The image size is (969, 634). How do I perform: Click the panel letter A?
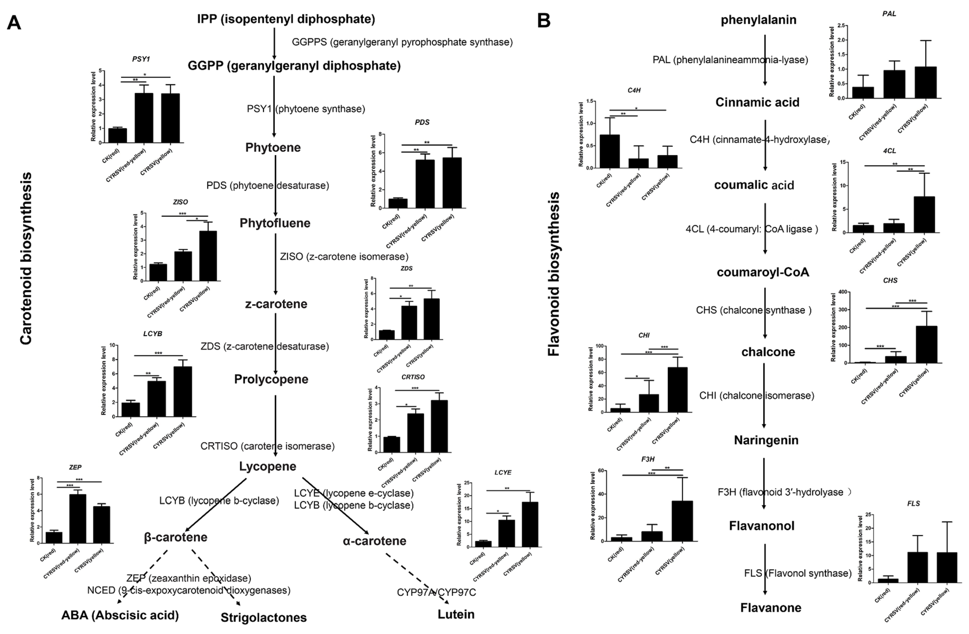pyautogui.click(x=14, y=23)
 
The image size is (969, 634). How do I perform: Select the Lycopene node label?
pyautogui.click(x=267, y=466)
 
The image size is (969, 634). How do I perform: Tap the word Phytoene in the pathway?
pyautogui.click(x=273, y=147)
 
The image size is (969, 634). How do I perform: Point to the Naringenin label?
pyautogui.click(x=766, y=440)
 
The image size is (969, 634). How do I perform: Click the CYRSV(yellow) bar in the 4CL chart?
pyautogui.click(x=924, y=215)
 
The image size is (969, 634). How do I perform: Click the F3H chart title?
pyautogui.click(x=648, y=459)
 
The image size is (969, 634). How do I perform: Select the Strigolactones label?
pyautogui.click(x=264, y=617)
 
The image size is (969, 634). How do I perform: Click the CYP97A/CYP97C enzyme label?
pyautogui.click(x=436, y=592)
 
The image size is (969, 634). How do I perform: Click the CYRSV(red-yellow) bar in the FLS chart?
pyautogui.click(x=917, y=567)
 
